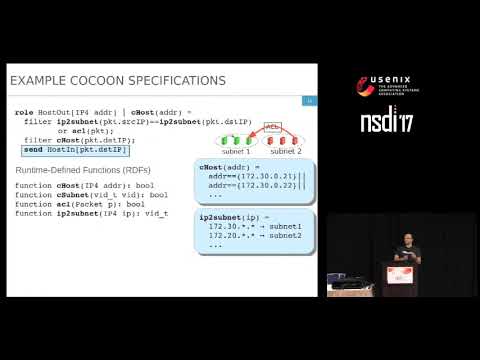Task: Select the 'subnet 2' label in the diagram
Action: tap(284, 152)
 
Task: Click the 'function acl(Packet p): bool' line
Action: tap(80, 204)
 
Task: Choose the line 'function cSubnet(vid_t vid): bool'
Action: tap(90, 195)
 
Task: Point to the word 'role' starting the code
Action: tap(25, 112)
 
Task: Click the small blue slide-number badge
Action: tap(310, 100)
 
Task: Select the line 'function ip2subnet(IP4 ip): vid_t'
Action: tap(90, 213)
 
